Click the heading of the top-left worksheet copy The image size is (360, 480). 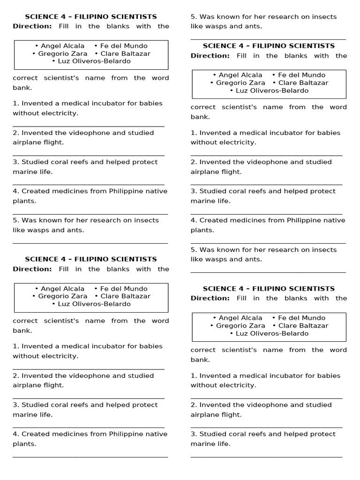pos(91,16)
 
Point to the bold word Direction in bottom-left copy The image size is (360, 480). pos(32,269)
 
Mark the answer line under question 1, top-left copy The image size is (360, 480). pos(89,126)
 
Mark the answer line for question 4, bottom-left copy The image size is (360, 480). pos(90,456)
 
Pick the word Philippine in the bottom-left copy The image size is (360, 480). pos(127,434)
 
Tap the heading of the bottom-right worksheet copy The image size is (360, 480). pos(269,289)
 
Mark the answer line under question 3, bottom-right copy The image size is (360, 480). pos(266,456)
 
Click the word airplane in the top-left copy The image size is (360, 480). pos(26,142)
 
